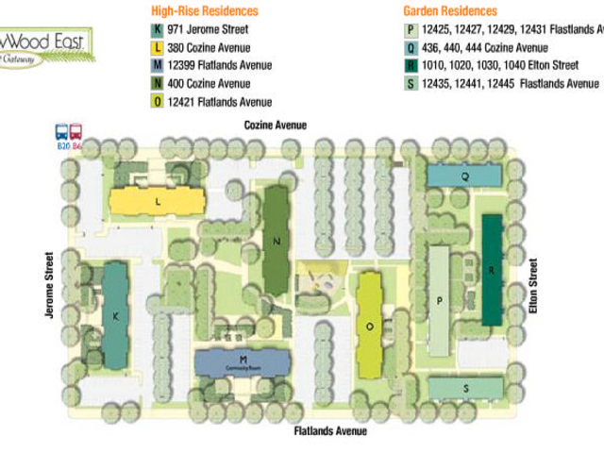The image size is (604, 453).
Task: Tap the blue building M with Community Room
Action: (x=243, y=361)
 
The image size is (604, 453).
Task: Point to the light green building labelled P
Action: (x=440, y=300)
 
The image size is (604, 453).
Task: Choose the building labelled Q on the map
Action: (x=464, y=175)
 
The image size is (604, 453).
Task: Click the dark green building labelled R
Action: (x=492, y=269)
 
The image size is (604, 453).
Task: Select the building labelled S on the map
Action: (x=466, y=388)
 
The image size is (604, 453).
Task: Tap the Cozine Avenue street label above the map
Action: (x=276, y=125)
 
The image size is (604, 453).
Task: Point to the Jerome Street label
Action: (x=48, y=284)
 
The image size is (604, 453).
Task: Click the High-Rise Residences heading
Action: (x=205, y=11)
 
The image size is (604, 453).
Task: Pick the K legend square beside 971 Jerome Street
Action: (x=157, y=29)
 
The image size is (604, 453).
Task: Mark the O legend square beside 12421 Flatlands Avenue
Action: (x=157, y=101)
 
